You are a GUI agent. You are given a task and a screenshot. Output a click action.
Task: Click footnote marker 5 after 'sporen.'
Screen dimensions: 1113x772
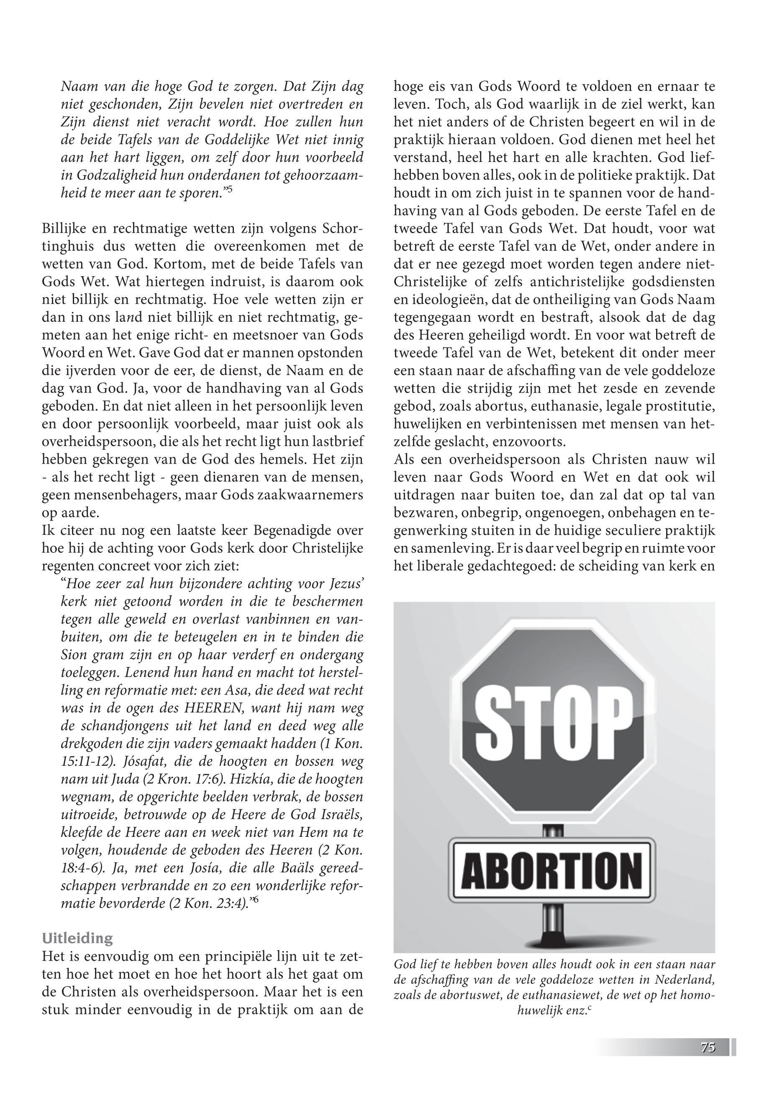pyautogui.click(x=230, y=190)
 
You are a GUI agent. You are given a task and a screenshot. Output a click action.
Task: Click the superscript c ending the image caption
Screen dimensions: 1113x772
pyautogui.click(x=590, y=1022)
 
